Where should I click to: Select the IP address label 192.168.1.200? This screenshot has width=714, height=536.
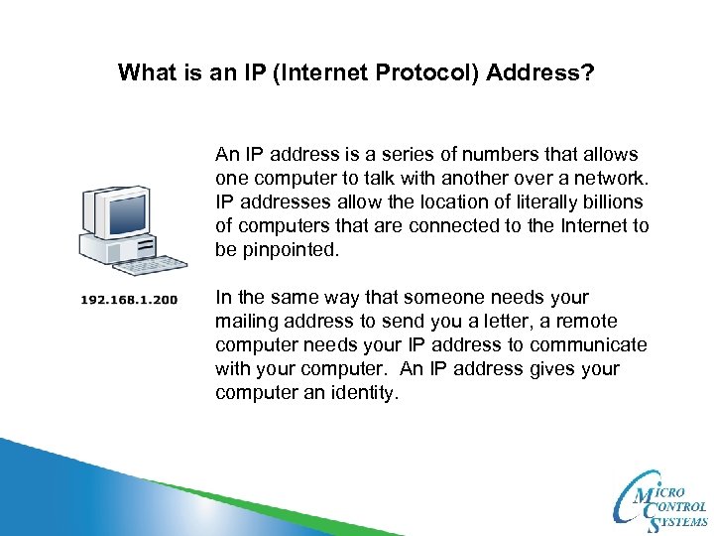tap(130, 299)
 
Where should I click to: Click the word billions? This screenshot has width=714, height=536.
tap(616, 202)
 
